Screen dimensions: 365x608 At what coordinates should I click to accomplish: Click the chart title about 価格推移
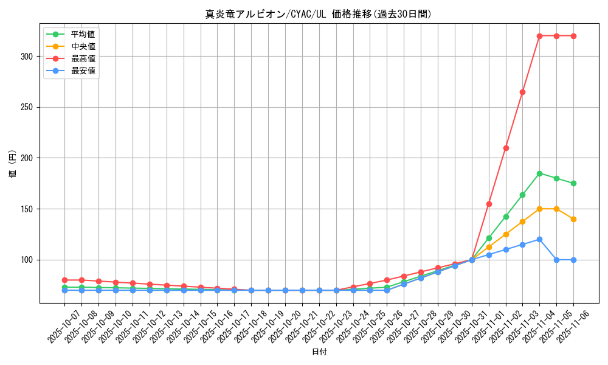pos(319,14)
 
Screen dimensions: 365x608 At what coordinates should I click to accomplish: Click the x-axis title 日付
pos(319,352)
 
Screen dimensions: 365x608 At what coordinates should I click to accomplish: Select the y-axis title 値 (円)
pos(13,164)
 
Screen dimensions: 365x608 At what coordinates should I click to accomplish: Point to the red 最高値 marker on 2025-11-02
pos(506,148)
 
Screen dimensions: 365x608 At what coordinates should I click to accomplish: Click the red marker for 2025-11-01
pos(489,204)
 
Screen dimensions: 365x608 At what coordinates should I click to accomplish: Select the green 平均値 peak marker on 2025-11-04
pos(539,173)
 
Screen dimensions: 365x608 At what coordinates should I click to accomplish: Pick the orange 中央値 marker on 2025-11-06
pos(573,219)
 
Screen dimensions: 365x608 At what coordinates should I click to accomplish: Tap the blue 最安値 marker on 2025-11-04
pos(539,239)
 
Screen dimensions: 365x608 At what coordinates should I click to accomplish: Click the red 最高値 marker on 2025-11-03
pos(522,92)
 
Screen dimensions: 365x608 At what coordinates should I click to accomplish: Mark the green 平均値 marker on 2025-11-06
pos(573,183)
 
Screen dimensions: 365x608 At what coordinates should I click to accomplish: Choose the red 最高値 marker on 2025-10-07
pos(64,280)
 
